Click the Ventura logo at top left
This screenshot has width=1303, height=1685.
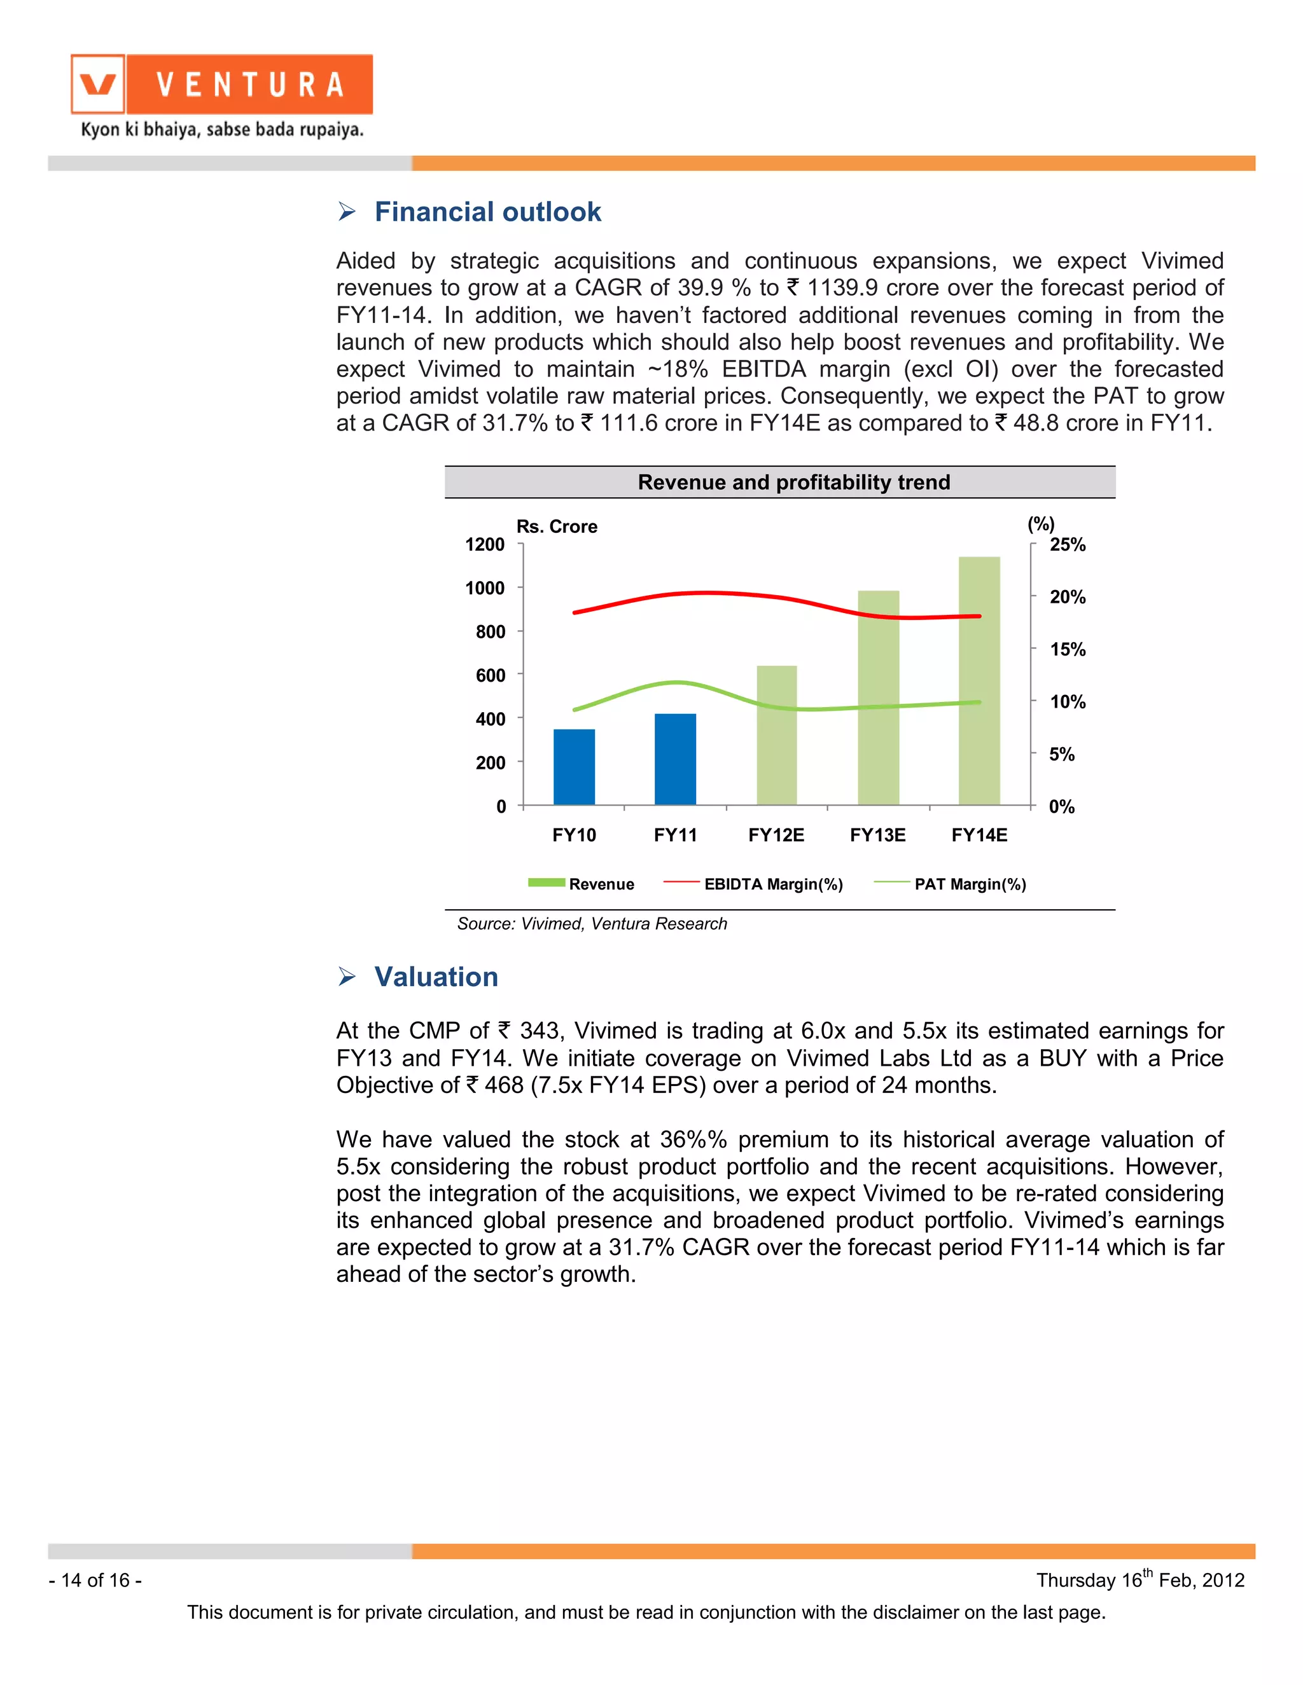point(221,84)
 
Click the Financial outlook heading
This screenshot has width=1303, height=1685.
point(487,212)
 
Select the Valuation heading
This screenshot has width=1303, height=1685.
point(436,977)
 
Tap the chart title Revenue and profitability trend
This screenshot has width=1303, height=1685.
point(793,482)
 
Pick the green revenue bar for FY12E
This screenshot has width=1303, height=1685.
point(777,735)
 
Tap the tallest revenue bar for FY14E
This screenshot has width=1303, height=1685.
point(979,680)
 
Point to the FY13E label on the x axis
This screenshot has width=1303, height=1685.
point(877,835)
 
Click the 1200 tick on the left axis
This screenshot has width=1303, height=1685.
point(485,545)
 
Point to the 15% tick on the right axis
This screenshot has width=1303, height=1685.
point(1067,650)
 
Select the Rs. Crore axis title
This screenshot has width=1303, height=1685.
point(557,526)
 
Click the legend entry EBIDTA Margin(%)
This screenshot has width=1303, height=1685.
point(772,884)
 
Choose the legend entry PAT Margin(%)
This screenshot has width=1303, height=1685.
point(970,884)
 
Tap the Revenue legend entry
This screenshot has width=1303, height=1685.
point(601,884)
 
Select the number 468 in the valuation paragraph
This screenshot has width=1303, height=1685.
point(504,1085)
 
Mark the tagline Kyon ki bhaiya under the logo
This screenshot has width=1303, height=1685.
point(222,129)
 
